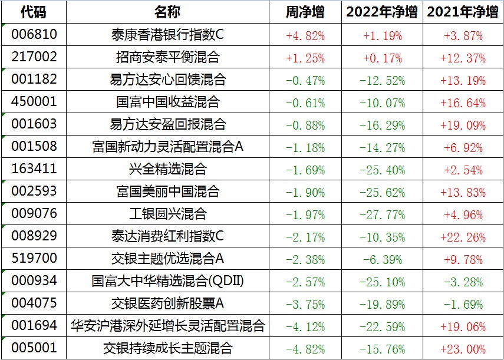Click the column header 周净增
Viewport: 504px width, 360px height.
(305, 12)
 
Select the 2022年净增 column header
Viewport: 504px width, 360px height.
(382, 12)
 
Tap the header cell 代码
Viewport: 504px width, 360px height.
(33, 12)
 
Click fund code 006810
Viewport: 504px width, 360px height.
(34, 35)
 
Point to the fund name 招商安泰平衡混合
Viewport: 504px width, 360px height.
(167, 57)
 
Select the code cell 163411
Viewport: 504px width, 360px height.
(34, 169)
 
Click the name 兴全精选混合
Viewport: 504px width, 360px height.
(167, 169)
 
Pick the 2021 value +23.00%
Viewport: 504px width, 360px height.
(464, 348)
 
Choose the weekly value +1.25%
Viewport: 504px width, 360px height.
(305, 58)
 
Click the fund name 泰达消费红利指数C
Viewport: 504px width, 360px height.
(167, 236)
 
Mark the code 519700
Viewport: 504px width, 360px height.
(34, 259)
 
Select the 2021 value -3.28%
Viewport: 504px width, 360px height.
(464, 281)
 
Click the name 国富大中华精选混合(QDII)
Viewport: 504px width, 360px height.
(167, 281)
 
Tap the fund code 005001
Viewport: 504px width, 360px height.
(34, 348)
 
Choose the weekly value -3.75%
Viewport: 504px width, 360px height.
(305, 303)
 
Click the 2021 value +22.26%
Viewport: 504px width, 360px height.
(464, 236)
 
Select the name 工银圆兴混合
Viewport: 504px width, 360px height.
(167, 214)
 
